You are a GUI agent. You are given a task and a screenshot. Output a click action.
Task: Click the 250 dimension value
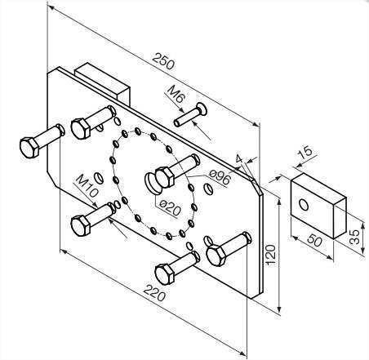tap(163, 61)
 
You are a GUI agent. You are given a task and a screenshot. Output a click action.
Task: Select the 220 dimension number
tap(154, 292)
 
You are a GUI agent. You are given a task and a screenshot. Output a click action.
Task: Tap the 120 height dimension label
tap(270, 255)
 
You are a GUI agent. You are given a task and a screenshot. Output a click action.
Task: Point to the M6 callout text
tap(176, 94)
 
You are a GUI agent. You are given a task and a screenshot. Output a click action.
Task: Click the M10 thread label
tap(87, 186)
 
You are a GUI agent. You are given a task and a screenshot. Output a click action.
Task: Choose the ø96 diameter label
tap(220, 177)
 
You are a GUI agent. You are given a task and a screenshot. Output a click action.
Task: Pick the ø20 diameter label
tap(170, 207)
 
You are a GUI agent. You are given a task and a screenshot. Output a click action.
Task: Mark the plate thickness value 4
tap(239, 158)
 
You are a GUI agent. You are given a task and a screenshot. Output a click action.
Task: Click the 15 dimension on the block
tap(305, 153)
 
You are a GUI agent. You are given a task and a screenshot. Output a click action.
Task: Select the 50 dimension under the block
tap(314, 240)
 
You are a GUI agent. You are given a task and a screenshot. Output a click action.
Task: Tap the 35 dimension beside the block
tap(354, 237)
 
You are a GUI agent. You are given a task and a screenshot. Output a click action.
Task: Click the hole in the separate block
tap(304, 204)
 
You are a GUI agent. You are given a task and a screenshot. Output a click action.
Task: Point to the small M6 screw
tap(190, 115)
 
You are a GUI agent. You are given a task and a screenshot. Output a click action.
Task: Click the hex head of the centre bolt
tap(165, 177)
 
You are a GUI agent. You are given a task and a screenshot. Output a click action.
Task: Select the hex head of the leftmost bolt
tap(29, 148)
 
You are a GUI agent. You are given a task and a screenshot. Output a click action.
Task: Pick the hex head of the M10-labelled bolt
tap(81, 225)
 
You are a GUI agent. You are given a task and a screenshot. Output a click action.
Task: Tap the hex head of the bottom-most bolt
tap(164, 274)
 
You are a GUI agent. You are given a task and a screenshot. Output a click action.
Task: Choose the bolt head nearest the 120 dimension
tap(216, 256)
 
